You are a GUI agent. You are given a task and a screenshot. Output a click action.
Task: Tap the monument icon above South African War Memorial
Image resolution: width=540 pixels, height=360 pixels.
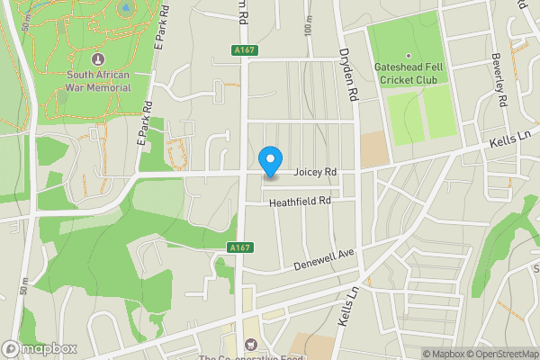(98, 58)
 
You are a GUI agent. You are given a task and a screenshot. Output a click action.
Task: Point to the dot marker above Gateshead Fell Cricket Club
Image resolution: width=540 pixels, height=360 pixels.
(408, 56)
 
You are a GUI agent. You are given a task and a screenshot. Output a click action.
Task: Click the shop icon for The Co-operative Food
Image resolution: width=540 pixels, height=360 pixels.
(250, 343)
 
